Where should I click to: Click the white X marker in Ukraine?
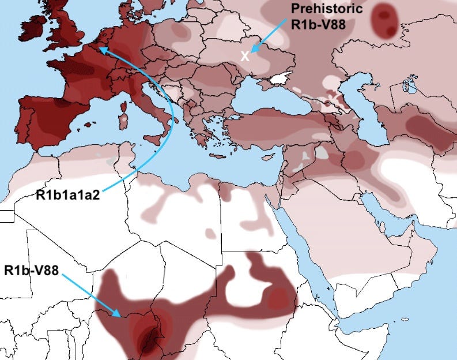pyautogui.click(x=245, y=56)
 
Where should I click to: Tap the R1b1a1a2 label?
pyautogui.click(x=68, y=195)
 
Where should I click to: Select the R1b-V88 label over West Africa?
pyautogui.click(x=31, y=270)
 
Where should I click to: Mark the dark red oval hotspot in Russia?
pyautogui.click(x=384, y=20)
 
